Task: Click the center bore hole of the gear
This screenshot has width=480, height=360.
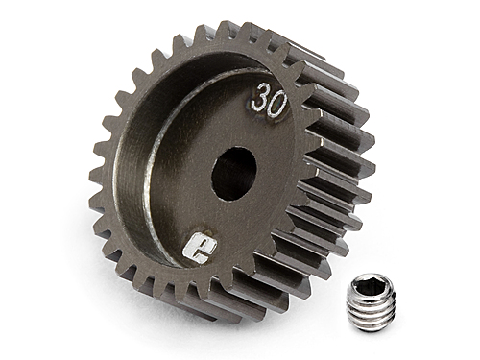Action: (233, 173)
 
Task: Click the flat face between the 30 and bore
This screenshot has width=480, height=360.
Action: (252, 134)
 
